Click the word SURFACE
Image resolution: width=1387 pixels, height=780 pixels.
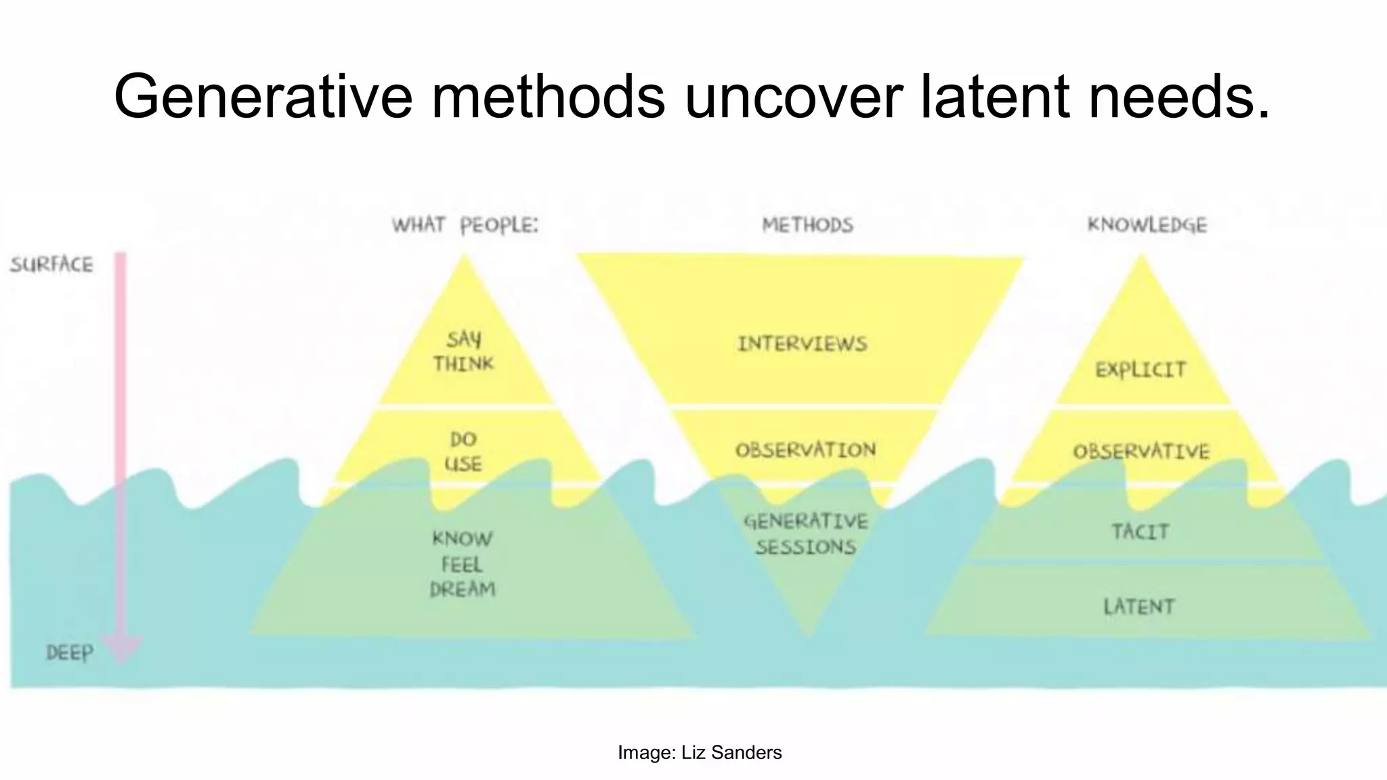click(51, 264)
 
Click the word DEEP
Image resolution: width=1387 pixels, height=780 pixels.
click(70, 653)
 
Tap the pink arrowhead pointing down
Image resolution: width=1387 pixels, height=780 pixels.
click(121, 649)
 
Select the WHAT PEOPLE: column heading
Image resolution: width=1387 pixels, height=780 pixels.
click(465, 225)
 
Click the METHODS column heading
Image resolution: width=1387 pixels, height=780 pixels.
click(807, 225)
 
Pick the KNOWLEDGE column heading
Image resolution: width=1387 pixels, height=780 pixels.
click(1147, 225)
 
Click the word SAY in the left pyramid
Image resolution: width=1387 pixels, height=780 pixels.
click(464, 339)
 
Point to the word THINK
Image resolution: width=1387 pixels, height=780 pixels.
click(464, 364)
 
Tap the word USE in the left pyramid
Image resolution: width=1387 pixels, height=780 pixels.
click(463, 464)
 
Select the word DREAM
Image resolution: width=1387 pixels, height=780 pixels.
click(463, 589)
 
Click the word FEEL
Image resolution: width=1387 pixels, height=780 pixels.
click(462, 564)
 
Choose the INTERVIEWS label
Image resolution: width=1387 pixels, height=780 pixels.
click(802, 344)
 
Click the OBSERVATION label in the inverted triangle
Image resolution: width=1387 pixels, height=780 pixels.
click(805, 450)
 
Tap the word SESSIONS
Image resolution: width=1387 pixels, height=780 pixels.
click(806, 547)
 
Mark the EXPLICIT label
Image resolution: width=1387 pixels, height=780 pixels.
click(1140, 370)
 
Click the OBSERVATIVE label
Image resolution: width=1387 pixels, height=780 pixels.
click(1140, 452)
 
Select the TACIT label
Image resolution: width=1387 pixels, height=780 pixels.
click(1140, 532)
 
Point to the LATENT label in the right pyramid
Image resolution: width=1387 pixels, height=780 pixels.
click(1139, 607)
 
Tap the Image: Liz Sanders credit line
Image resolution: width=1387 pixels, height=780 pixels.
click(700, 752)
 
